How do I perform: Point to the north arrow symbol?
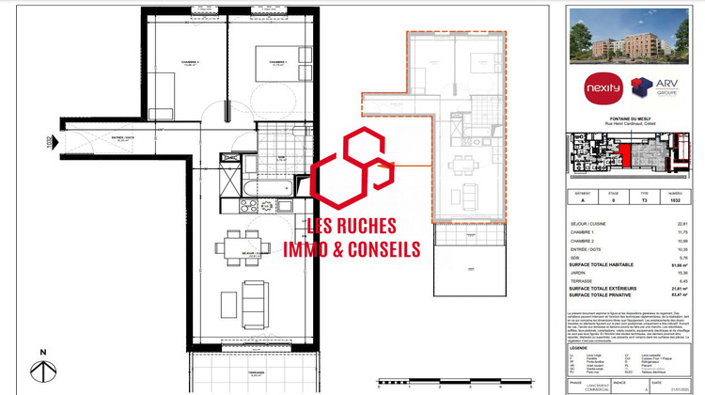tap(41, 369)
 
